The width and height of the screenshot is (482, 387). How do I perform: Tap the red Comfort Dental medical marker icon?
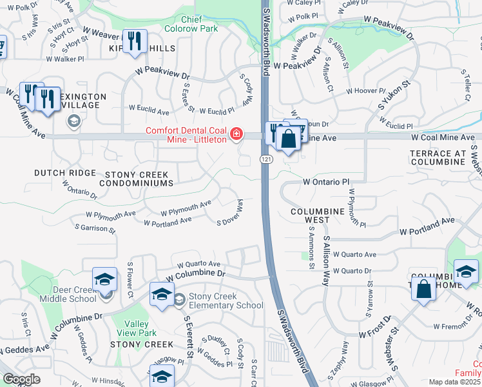tap(237, 134)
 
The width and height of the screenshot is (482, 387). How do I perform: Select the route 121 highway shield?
tap(265, 159)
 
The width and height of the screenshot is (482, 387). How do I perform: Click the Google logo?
tap(21, 379)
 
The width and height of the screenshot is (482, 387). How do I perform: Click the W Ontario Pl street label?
tap(325, 183)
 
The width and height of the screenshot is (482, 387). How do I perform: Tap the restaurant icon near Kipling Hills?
tap(134, 41)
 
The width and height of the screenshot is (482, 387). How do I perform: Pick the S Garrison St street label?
tap(95, 228)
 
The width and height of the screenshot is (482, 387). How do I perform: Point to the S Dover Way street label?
tap(231, 212)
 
